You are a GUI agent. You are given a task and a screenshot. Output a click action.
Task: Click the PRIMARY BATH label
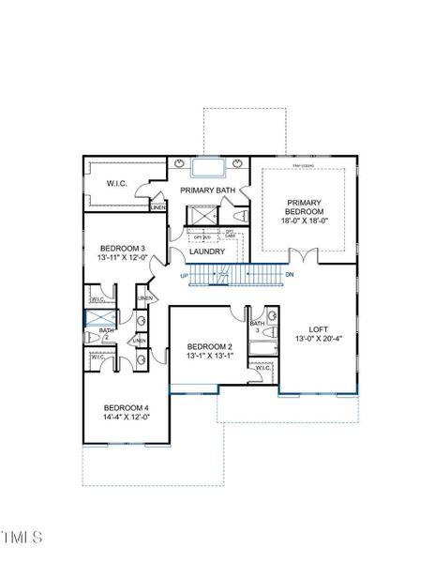tap(207, 190)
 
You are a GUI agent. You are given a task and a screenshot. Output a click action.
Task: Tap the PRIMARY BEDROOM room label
tap(305, 206)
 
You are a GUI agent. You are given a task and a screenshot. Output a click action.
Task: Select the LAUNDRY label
tap(207, 251)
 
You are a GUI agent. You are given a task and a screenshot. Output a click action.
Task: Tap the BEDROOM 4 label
tap(126, 407)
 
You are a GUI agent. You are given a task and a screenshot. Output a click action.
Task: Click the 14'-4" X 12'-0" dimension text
tap(126, 418)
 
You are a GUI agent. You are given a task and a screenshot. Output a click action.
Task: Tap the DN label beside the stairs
tap(290, 274)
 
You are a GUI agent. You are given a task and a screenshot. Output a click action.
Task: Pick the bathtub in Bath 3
tap(262, 352)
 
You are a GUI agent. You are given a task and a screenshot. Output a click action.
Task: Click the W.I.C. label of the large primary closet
tap(116, 184)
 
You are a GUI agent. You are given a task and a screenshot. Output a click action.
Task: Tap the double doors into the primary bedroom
tap(299, 255)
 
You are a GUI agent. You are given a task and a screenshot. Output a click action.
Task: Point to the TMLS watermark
tap(22, 538)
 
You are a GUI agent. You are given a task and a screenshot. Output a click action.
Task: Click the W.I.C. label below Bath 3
tap(263, 368)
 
